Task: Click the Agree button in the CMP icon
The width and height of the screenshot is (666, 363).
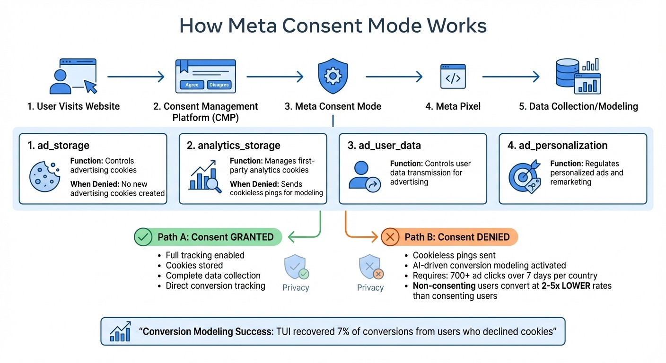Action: [x=192, y=85]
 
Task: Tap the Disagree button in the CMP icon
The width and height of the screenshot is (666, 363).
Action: [x=219, y=85]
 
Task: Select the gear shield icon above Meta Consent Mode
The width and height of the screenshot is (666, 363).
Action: [x=333, y=76]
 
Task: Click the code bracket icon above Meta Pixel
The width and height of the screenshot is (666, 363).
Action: [x=453, y=76]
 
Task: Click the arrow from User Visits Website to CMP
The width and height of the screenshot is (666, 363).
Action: [x=136, y=76]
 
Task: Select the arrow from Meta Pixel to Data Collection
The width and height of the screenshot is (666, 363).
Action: [x=511, y=76]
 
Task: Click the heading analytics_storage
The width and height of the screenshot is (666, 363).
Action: [x=234, y=146]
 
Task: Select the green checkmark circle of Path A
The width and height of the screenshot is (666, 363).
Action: [x=143, y=237]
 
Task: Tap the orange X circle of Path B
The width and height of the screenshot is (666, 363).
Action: [x=390, y=237]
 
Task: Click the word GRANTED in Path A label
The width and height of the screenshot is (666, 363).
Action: [x=251, y=237]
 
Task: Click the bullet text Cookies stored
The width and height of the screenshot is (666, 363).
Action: [x=194, y=265]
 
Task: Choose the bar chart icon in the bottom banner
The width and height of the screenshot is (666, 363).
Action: [x=120, y=332]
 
